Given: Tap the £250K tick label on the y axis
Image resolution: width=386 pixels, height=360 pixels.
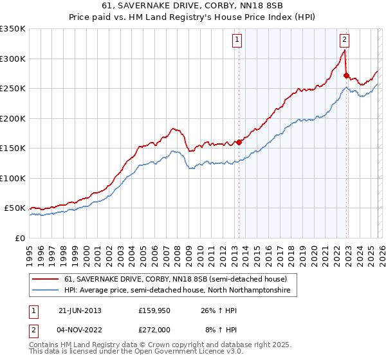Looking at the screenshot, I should click(x=13, y=89).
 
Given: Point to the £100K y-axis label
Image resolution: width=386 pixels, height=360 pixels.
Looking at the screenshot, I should click(x=13, y=178).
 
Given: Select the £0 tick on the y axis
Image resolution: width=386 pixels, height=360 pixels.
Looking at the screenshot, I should click(x=19, y=238).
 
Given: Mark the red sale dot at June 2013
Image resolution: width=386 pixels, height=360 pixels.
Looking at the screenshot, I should click(x=239, y=142).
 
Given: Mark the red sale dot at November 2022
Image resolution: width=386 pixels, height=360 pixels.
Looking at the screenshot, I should click(x=346, y=75).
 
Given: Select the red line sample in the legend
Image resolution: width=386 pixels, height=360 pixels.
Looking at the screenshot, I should click(x=46, y=279).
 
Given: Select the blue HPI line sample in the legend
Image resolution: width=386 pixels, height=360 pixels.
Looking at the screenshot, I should click(x=46, y=291).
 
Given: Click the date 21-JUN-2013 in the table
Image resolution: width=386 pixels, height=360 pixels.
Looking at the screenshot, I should click(x=80, y=310).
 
